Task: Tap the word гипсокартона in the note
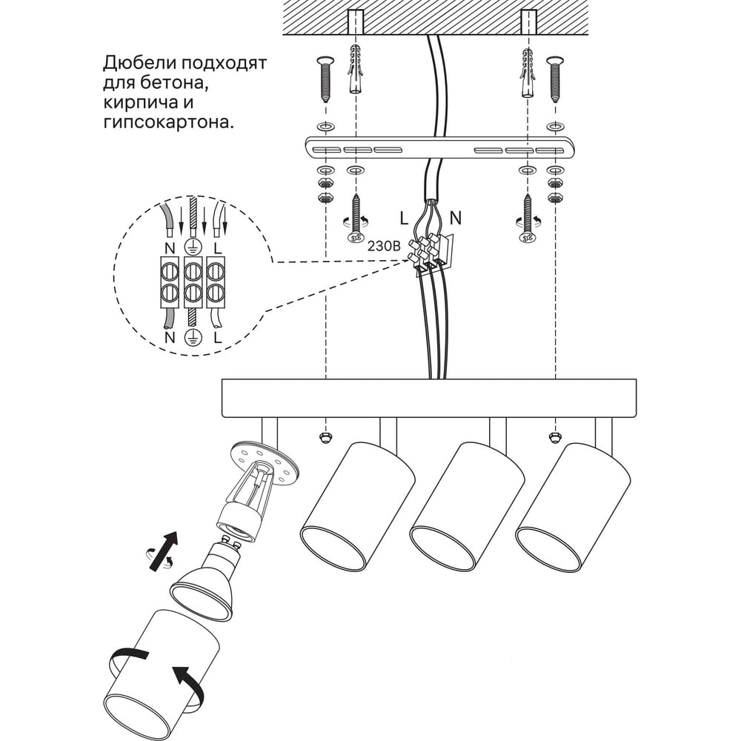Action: [x=168, y=123]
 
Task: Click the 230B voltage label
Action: [x=384, y=246]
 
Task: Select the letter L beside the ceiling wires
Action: [x=404, y=219]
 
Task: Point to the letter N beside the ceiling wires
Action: [x=455, y=219]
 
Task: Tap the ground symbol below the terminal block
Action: [x=193, y=336]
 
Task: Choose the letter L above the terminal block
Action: [x=217, y=247]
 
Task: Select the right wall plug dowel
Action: [x=528, y=72]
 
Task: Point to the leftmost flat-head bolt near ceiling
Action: [x=325, y=79]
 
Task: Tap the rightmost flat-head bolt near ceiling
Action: [x=555, y=79]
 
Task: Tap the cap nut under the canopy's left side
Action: [x=325, y=437]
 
